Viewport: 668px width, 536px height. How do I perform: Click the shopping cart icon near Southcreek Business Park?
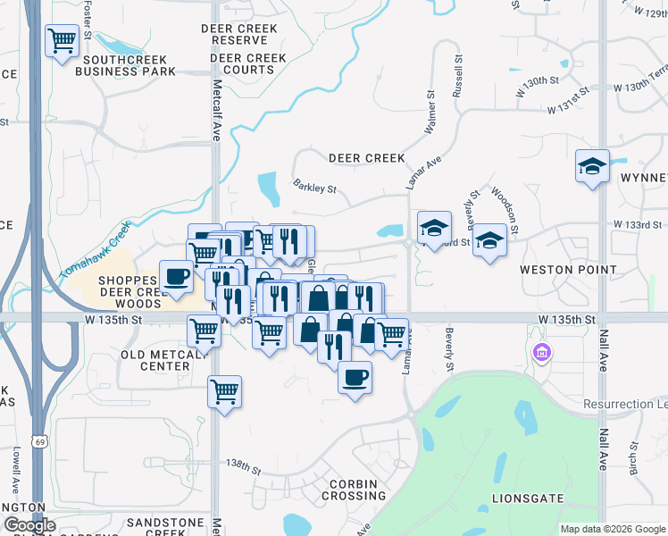pos(61,40)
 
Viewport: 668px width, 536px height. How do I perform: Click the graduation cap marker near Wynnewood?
pos(592,166)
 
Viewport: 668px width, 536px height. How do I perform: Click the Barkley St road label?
pos(314,187)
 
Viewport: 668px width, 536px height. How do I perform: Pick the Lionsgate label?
pos(528,498)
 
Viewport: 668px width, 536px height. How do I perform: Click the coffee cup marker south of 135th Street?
pos(355,378)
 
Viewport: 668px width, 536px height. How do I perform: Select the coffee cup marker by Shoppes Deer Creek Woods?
pos(176,276)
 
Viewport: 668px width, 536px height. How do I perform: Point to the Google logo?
pos(29,525)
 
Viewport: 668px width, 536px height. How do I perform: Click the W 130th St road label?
pos(536,80)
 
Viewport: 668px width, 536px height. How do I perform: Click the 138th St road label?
pos(243,467)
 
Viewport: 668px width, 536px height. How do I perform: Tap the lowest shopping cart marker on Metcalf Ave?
pos(225,391)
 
